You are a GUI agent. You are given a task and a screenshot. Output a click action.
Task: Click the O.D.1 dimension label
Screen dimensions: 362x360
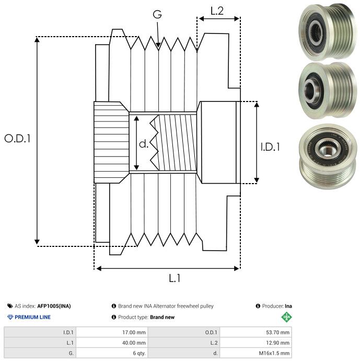click(x=18, y=139)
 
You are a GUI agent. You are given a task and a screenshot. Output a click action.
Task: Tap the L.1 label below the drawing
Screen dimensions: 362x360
click(x=175, y=279)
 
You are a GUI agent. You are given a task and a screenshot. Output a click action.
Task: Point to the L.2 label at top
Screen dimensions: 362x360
click(x=217, y=11)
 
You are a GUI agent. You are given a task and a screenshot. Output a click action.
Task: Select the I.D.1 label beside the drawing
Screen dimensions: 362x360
click(x=270, y=147)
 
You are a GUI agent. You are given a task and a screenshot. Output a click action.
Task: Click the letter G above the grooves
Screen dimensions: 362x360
click(x=157, y=15)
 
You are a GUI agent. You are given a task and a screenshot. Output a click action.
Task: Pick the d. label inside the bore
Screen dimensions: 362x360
click(x=144, y=144)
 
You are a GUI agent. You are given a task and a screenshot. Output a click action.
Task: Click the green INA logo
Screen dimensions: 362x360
click(x=286, y=317)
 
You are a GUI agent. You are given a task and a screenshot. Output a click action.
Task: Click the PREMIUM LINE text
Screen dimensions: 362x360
click(x=32, y=317)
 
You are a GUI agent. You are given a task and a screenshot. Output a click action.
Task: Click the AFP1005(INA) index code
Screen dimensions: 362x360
click(x=54, y=306)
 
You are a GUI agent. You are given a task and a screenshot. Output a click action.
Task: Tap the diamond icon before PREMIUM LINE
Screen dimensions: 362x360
click(x=10, y=317)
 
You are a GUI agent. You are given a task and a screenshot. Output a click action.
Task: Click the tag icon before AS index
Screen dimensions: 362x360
click(x=10, y=306)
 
